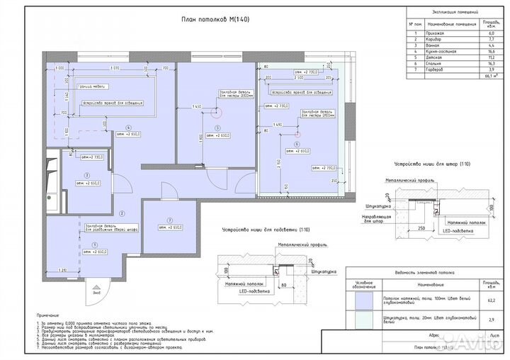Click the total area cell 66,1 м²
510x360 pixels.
(489, 77)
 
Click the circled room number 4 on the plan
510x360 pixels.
(128, 128)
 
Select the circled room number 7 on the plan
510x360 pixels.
(170, 220)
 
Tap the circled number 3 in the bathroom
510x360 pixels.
(86, 174)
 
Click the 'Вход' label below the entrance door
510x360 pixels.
(97, 291)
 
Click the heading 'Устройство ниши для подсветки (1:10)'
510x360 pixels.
(261, 230)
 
